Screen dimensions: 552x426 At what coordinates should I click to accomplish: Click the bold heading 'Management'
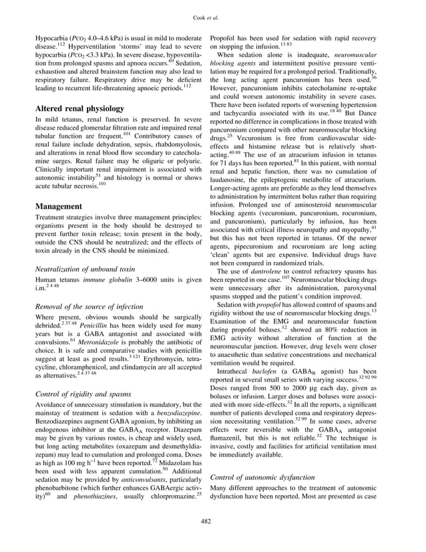[59, 207]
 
